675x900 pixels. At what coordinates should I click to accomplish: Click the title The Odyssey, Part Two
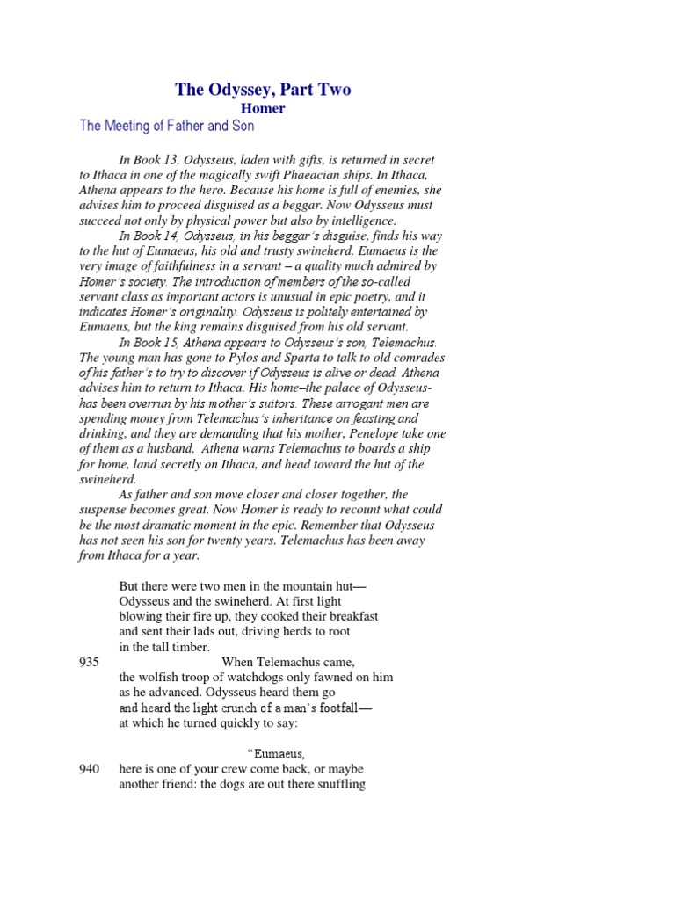[x=263, y=90]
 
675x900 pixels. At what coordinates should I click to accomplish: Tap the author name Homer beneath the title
[x=264, y=108]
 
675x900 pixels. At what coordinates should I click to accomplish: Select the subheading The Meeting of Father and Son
[x=167, y=126]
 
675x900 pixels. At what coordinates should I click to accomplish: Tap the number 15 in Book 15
[x=174, y=341]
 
